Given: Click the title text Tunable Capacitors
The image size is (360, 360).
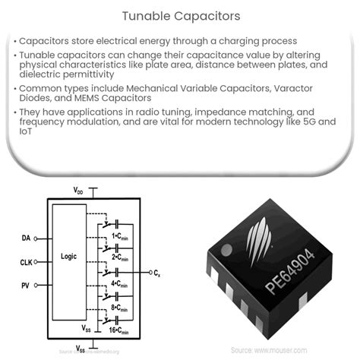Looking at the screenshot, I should click(x=179, y=14).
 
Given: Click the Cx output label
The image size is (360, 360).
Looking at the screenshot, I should click(x=156, y=270).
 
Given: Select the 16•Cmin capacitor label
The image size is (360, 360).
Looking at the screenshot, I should click(x=122, y=331).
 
